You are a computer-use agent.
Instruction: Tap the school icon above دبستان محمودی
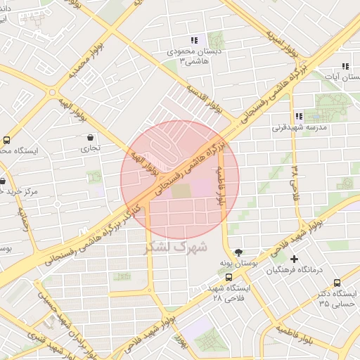click(x=193, y=41)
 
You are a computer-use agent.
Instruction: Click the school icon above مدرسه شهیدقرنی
click(x=298, y=116)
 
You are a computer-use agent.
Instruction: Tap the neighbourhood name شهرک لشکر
click(x=175, y=247)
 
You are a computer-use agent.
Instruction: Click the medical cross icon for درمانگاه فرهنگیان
click(x=294, y=259)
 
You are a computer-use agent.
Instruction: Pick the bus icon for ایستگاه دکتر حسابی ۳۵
click(x=336, y=281)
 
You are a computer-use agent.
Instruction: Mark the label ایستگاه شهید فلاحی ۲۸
click(x=226, y=293)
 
